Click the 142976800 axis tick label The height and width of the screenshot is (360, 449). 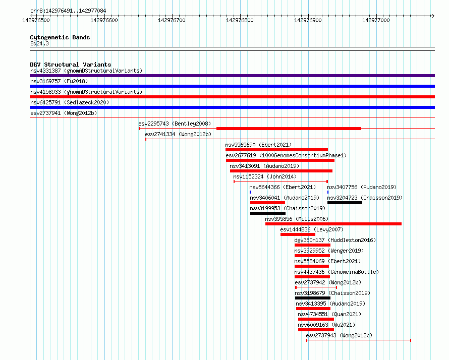click(240, 20)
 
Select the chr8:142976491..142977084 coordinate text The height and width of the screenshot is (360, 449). click(68, 11)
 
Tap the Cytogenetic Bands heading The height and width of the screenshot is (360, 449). click(60, 37)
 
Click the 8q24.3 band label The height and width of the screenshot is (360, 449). click(39, 43)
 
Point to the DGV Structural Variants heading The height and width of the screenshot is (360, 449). click(71, 65)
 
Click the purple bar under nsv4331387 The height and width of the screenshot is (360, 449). click(232, 76)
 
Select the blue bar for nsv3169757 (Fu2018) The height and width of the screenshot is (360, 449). click(232, 86)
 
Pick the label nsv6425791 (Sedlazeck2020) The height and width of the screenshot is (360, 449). click(70, 102)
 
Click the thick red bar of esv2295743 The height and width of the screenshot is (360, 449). click(289, 129)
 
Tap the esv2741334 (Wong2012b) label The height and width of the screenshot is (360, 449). click(178, 134)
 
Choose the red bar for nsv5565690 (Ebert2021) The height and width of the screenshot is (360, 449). click(276, 150)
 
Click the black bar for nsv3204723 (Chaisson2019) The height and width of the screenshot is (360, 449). click(345, 203)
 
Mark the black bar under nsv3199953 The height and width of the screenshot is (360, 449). click(268, 213)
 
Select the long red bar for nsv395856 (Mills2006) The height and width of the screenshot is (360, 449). click(333, 224)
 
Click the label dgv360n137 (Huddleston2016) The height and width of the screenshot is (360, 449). click(335, 240)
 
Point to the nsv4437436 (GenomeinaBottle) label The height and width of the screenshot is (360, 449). click(336, 272)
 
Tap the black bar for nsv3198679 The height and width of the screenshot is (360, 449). click(313, 298)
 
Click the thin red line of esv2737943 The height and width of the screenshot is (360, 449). click(359, 340)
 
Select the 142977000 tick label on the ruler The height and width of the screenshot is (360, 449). click(376, 20)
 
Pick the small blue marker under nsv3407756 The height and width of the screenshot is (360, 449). click(328, 192)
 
